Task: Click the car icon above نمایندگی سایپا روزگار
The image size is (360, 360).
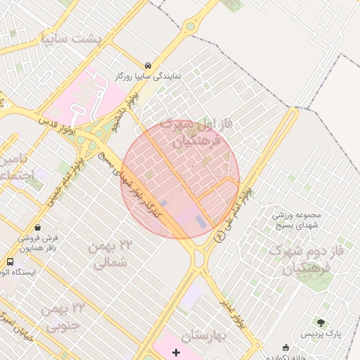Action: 147,63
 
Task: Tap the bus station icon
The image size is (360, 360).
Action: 10,262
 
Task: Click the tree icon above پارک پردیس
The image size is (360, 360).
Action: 321,323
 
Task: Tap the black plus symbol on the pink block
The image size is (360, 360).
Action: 176,352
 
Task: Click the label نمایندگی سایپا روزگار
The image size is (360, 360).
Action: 150,74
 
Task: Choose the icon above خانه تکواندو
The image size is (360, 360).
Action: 285,347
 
